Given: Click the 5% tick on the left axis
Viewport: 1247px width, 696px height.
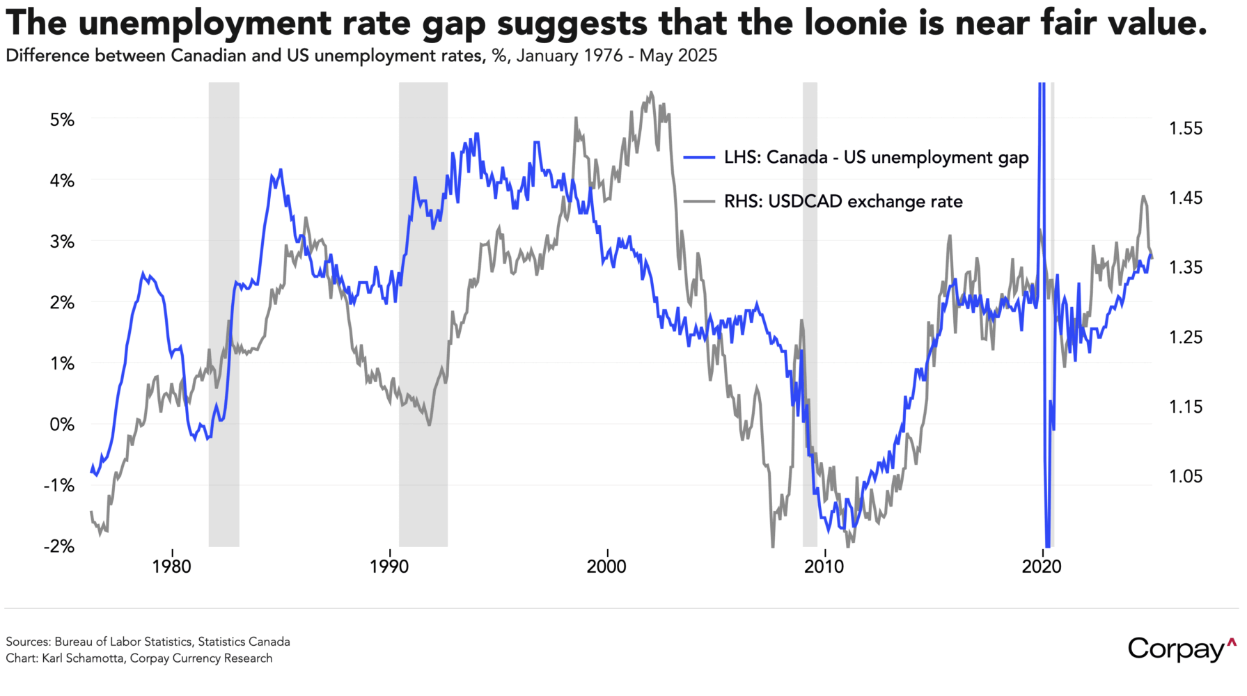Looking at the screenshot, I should point(62,120).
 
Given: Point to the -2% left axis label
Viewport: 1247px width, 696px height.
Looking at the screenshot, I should point(59,546).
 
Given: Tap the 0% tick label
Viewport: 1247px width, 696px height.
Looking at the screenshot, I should point(62,425).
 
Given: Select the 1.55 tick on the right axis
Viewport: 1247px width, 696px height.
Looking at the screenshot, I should point(1185,129).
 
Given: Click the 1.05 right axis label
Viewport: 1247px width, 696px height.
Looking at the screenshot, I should point(1185,477).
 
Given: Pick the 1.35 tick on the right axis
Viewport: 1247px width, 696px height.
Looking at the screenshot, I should point(1185,268).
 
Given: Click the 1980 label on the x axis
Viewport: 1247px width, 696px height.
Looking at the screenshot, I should point(171,567).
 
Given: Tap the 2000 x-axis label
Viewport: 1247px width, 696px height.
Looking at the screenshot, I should point(606,567).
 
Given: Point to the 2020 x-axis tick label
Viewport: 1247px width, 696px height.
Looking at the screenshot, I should point(1042,567).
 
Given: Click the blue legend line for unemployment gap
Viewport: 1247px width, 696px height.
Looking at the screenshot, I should point(699,158).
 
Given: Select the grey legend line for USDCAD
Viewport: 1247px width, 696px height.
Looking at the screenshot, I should point(699,202).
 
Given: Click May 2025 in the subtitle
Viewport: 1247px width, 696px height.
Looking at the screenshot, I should point(677,56).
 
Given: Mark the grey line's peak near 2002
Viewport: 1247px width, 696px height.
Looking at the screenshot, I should point(651,92).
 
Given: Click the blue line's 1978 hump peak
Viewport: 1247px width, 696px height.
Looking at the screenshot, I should point(143,274).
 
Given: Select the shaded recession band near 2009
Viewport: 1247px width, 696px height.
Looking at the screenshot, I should point(810,313).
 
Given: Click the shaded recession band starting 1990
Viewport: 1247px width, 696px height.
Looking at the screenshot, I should point(423,313).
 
